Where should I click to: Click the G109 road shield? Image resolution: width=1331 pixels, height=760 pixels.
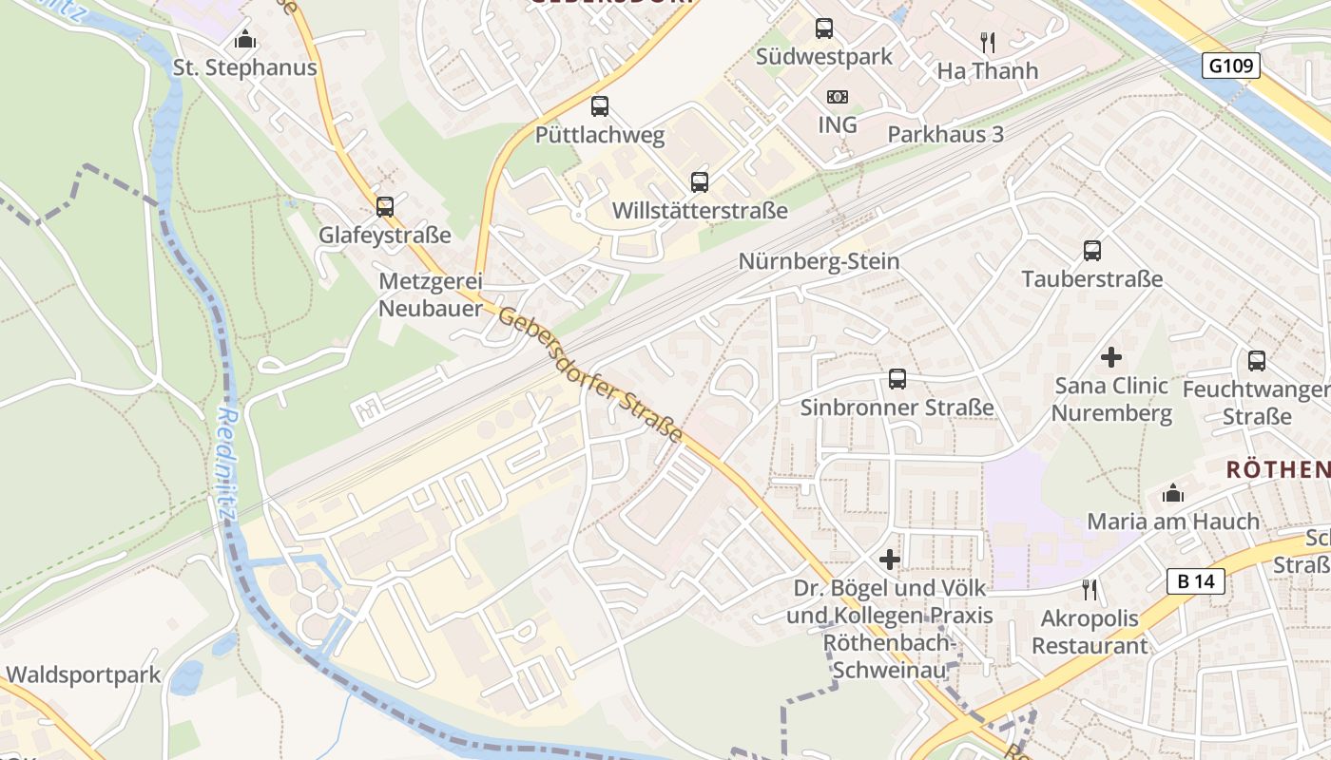pos(1231,66)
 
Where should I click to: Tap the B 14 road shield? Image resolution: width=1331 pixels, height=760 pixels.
pos(1196,581)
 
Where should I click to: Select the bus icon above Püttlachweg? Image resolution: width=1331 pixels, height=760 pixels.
pos(599,106)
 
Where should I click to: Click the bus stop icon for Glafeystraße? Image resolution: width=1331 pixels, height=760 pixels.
pos(384,206)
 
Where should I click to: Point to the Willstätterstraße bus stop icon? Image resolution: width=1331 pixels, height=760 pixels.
pos(700,181)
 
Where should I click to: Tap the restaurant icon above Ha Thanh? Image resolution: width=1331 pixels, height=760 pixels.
pos(987,42)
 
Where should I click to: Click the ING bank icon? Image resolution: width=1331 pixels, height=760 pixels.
pos(837,97)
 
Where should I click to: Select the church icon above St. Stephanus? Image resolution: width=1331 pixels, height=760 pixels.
pos(245,40)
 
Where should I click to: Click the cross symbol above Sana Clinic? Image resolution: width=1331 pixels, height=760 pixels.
pos(1110,357)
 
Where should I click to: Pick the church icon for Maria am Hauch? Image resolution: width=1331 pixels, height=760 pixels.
pos(1173,493)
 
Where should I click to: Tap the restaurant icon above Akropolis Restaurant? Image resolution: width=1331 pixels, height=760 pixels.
pos(1090,590)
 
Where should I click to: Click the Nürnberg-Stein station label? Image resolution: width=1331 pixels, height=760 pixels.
pos(819,261)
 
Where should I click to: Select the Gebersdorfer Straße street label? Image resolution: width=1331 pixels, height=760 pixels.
pos(589,375)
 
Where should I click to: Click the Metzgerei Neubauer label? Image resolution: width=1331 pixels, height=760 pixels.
pos(431,294)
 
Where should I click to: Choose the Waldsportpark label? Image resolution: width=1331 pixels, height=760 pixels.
pos(83,675)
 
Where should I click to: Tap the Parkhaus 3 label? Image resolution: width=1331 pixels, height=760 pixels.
pos(945,134)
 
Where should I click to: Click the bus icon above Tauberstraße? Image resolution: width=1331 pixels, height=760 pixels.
pos(1091,251)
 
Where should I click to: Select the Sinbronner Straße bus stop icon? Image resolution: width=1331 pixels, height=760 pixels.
pos(897,379)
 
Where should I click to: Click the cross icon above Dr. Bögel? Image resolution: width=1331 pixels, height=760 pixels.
pos(889,560)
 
